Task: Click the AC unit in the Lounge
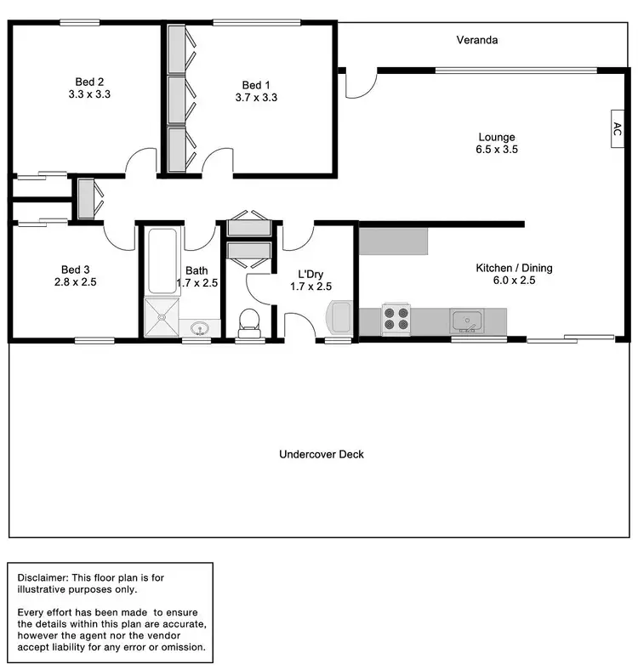click(618, 129)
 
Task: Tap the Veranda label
click(476, 40)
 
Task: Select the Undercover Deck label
click(322, 454)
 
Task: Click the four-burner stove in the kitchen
click(396, 320)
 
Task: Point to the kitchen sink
click(466, 321)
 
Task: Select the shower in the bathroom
click(161, 318)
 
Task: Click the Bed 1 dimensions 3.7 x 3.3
click(256, 98)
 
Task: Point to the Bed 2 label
click(89, 82)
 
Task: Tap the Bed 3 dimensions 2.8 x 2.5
click(76, 282)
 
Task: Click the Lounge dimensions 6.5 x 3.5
click(496, 150)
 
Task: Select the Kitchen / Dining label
click(513, 268)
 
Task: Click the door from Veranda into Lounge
click(358, 86)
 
